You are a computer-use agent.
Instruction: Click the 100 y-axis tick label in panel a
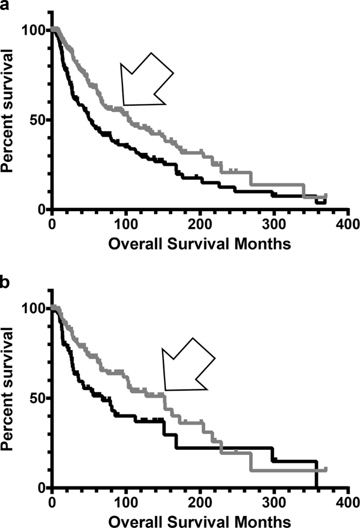coord(33,30)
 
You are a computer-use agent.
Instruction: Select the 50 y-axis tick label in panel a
coord(37,120)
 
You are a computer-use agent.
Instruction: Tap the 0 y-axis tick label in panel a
coord(41,210)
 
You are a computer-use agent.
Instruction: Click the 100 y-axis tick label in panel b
coord(33,308)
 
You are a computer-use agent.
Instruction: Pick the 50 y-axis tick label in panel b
coord(37,398)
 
